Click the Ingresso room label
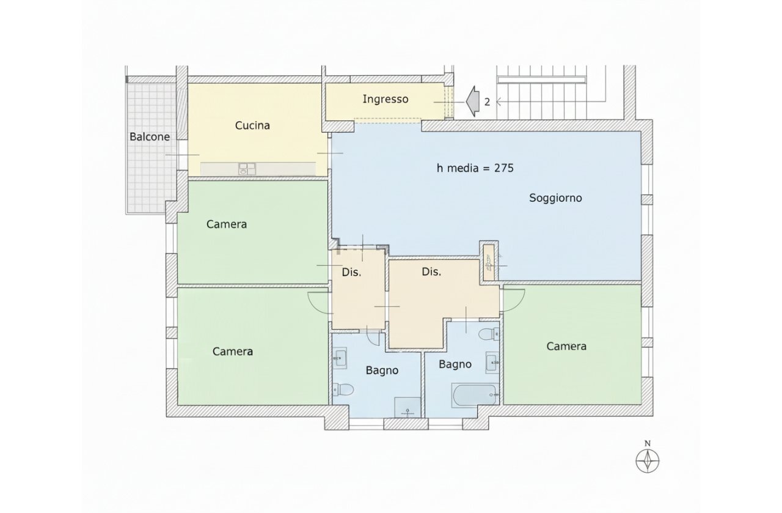tap(386, 99)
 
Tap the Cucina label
tap(252, 125)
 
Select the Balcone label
tap(150, 136)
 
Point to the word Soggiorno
tap(555, 198)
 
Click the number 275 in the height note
tap(504, 168)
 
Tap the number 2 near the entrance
tap(487, 102)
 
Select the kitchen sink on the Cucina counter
tap(247, 169)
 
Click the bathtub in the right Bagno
tap(475, 395)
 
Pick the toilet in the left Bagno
tap(343, 389)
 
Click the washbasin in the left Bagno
tap(340, 358)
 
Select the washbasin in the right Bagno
tap(492, 363)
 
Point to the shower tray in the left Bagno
tap(407, 407)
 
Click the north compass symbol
tap(648, 461)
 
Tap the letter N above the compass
tap(648, 444)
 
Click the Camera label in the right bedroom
tap(566, 346)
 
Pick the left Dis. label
tap(351, 273)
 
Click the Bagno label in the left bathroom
tap(382, 371)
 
